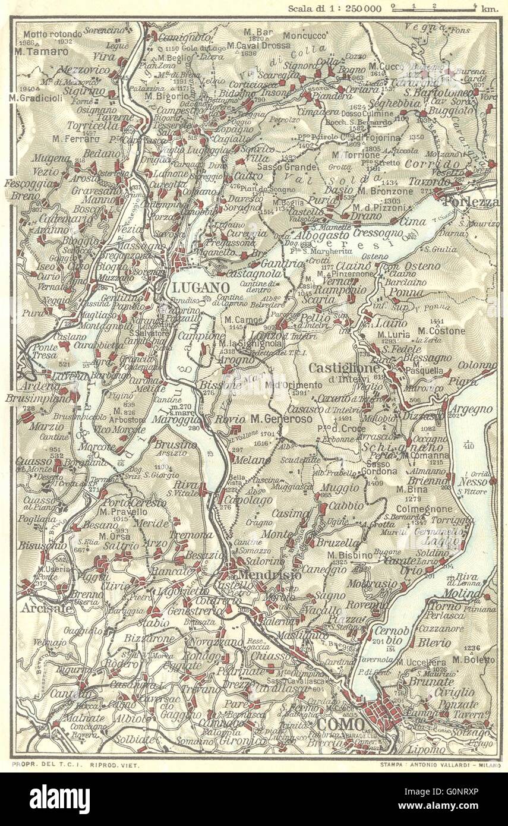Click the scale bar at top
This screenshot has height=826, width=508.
coord(434,8)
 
